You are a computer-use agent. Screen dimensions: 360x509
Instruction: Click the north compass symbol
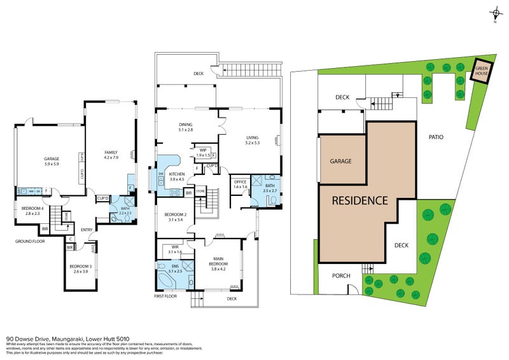[496, 14]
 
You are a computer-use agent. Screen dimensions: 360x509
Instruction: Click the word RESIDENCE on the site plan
[360, 200]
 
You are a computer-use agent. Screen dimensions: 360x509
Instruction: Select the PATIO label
[435, 137]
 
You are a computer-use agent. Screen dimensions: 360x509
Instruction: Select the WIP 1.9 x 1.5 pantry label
[203, 152]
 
